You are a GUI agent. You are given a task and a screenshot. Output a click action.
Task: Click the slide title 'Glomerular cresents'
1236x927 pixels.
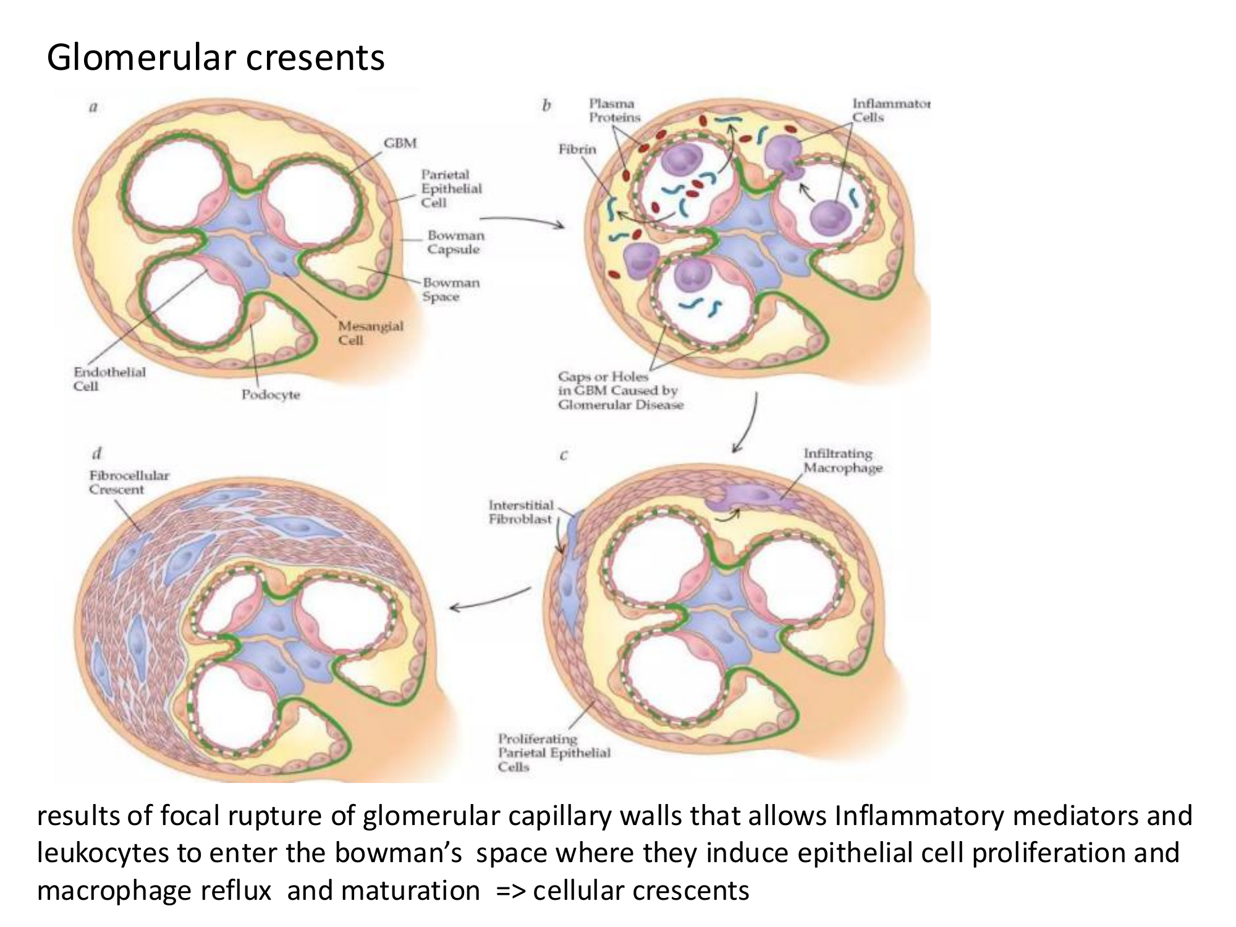[x=216, y=57]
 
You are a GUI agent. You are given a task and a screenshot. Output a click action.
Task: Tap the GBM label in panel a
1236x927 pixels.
[x=400, y=143]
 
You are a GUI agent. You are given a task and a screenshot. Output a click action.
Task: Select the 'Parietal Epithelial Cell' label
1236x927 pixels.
[x=451, y=188]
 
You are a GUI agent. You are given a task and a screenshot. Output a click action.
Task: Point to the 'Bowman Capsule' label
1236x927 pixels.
[x=455, y=242]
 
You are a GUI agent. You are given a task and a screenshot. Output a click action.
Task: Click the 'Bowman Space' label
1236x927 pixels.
[x=451, y=289]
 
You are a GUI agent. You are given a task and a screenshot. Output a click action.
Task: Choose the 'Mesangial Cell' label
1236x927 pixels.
[x=370, y=332]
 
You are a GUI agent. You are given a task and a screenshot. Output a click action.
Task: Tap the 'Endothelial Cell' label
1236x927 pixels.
[x=109, y=379]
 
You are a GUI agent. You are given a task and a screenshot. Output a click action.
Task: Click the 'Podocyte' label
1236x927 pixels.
[x=270, y=394]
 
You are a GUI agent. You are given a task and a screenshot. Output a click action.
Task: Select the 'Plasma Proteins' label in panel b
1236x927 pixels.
[x=614, y=111]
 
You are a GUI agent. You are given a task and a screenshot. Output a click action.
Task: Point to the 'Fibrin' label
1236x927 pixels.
[x=577, y=150]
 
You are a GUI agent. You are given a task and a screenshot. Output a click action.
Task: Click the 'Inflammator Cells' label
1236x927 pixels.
[x=891, y=111]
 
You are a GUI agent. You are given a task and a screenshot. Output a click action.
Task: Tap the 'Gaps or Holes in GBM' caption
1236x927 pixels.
[x=620, y=391]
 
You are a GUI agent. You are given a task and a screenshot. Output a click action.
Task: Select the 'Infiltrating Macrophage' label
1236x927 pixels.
[x=842, y=461]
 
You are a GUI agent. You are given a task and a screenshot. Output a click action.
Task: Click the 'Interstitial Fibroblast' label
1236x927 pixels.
[x=520, y=512]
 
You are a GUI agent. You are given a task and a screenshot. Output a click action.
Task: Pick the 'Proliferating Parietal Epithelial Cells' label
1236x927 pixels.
[x=554, y=753]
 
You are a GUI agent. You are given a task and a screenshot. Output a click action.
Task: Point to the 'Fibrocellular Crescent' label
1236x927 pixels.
[x=129, y=482]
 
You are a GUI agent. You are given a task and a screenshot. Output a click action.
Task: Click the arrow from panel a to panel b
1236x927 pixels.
[x=522, y=221]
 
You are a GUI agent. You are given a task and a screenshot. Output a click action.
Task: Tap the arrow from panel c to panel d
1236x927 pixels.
[x=490, y=599]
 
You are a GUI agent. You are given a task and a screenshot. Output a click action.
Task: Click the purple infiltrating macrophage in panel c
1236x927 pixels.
[x=750, y=497]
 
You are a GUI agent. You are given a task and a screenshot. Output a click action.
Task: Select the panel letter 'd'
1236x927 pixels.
[x=96, y=453]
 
